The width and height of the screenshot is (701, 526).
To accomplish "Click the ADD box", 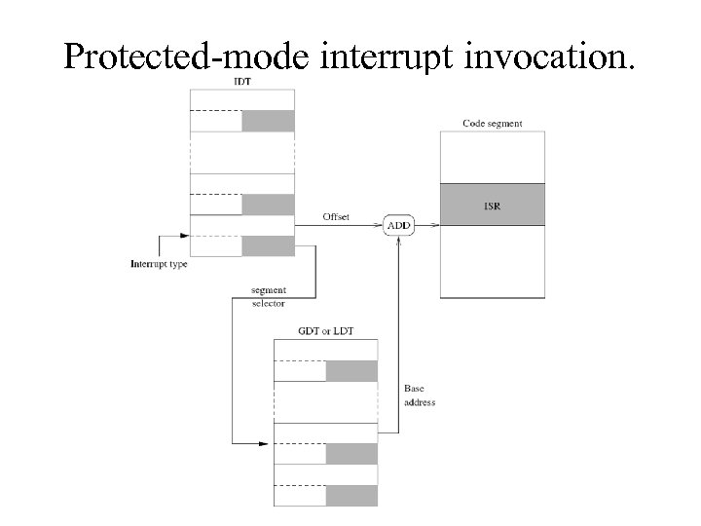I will (399, 226).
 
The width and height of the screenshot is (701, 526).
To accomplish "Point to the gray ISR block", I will (492, 206).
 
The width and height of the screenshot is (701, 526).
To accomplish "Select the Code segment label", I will (492, 124).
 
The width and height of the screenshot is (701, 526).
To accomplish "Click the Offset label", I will (336, 216).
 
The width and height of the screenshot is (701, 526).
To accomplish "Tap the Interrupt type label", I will (159, 264).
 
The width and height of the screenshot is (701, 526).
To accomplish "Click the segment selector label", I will (268, 297).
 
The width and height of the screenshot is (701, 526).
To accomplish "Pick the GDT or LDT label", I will (325, 331).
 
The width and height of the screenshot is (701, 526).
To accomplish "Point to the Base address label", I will (419, 395).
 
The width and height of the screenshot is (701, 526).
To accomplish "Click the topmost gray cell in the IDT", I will (268, 121).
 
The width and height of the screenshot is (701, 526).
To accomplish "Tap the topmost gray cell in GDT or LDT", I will (351, 371).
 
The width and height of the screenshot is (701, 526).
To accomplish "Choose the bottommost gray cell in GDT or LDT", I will (351, 495).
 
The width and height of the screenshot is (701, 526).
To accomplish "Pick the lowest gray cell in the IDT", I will (268, 245).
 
